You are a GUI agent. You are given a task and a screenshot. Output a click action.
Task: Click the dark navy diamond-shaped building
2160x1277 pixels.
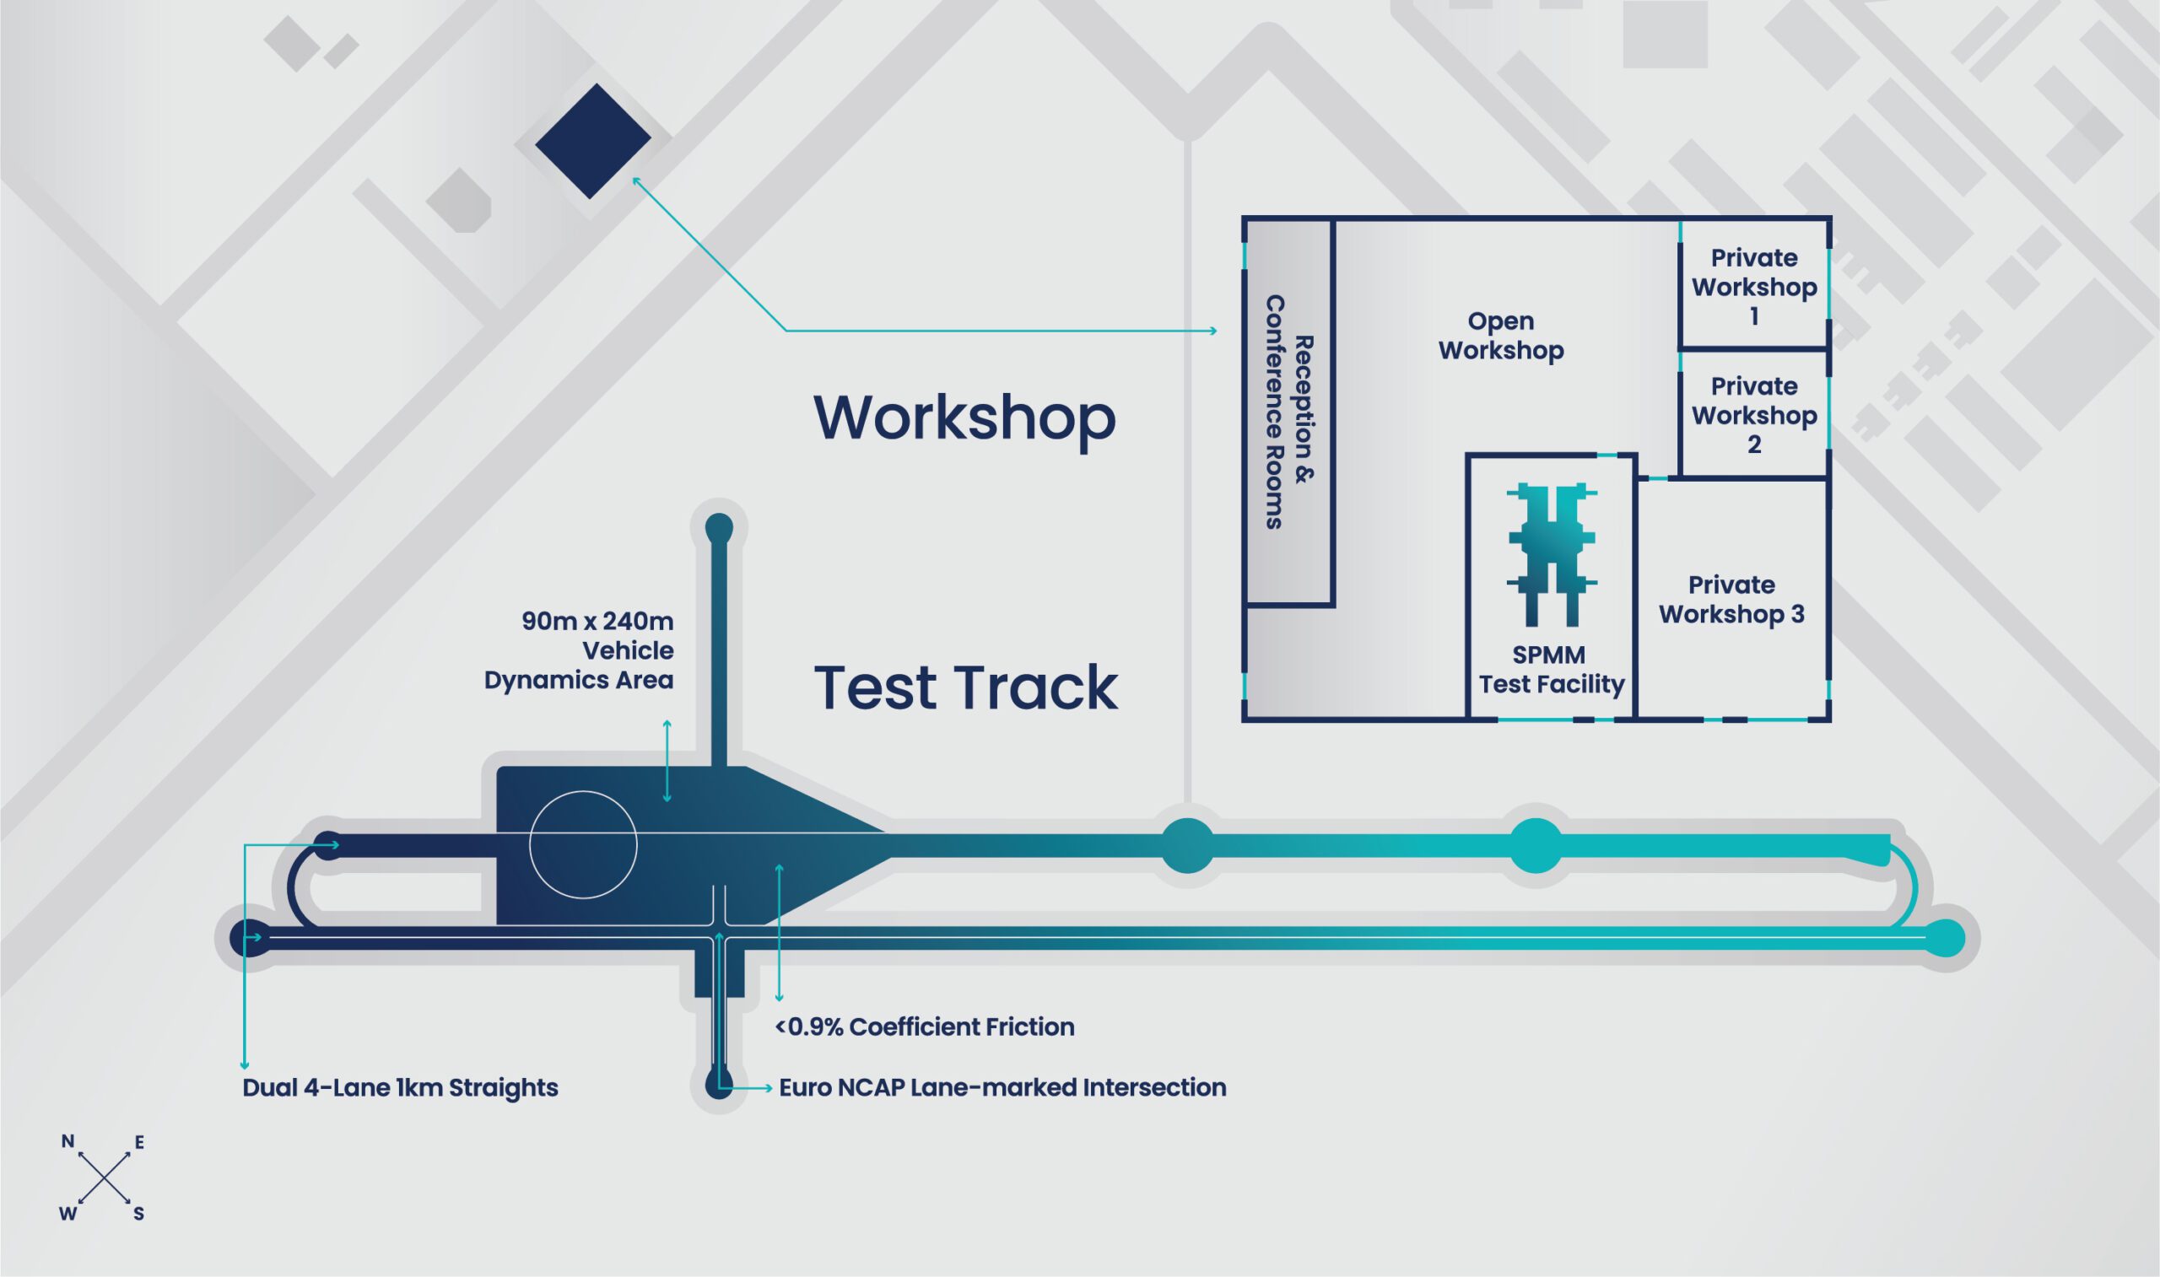click(x=593, y=141)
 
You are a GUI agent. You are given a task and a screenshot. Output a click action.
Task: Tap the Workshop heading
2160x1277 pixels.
click(x=964, y=418)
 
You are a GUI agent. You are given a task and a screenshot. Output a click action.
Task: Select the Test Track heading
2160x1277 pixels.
click(x=965, y=687)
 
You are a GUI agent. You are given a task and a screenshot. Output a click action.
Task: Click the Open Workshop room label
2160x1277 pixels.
click(x=1501, y=336)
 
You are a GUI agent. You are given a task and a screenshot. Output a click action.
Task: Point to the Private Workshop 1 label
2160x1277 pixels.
click(x=1754, y=287)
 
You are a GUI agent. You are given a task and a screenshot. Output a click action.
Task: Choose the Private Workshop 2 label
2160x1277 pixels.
click(x=1754, y=415)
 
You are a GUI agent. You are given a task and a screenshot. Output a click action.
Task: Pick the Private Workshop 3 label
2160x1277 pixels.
click(x=1731, y=599)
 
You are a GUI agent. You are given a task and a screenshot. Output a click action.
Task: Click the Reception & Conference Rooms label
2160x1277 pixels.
click(x=1289, y=412)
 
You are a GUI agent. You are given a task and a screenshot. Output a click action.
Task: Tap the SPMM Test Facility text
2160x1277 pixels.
click(x=1552, y=670)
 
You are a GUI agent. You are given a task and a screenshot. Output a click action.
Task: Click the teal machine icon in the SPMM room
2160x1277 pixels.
click(x=1552, y=554)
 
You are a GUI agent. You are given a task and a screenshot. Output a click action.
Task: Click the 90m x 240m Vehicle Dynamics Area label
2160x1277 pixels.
click(x=578, y=649)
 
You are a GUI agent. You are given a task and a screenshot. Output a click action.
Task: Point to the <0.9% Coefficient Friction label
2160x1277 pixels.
click(x=925, y=1026)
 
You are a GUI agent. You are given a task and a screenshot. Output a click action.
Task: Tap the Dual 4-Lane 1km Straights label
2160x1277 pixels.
click(x=400, y=1088)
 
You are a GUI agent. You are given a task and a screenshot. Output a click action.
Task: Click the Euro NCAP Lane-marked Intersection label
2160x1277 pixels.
click(x=1002, y=1088)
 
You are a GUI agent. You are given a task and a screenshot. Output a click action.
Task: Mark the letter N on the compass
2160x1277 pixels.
click(x=68, y=1142)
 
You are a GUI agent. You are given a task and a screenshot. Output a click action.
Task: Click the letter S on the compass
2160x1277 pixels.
click(x=138, y=1215)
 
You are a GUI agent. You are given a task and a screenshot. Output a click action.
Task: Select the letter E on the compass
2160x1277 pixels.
click(x=138, y=1143)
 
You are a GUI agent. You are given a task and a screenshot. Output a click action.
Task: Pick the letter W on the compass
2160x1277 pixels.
click(x=68, y=1215)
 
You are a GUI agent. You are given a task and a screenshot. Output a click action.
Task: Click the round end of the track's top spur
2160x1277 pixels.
click(x=719, y=527)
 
